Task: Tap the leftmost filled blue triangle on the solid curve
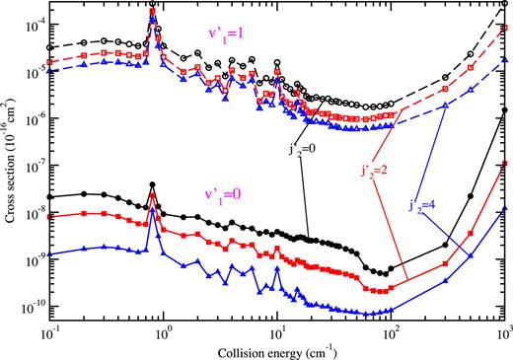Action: pyautogui.click(x=49, y=254)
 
